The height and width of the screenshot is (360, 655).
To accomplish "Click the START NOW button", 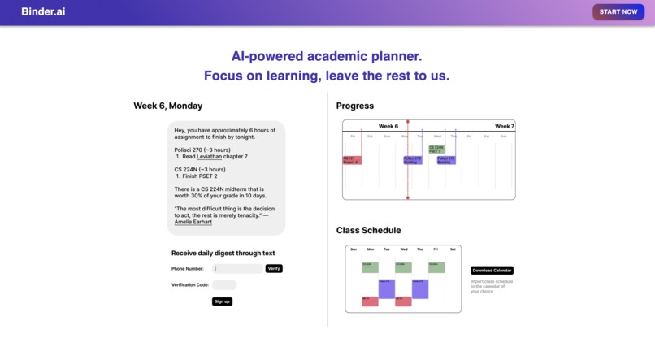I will click(618, 12).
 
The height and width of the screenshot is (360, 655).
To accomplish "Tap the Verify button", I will click(274, 268).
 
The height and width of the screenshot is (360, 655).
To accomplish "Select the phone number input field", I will click(238, 268).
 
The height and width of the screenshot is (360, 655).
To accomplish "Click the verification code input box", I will click(224, 285).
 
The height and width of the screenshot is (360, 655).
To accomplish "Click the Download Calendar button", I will click(492, 271).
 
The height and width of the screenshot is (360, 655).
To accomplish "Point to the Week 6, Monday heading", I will click(168, 106).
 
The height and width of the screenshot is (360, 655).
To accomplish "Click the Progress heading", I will click(355, 106).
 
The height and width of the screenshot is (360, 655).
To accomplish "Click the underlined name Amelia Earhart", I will click(193, 221).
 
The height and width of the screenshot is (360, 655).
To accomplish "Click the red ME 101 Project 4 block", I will click(351, 160).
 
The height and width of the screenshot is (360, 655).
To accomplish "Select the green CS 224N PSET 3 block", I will click(436, 150).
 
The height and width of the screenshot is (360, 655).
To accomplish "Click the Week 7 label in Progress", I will click(505, 126).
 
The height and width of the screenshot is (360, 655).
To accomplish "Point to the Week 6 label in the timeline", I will click(388, 126).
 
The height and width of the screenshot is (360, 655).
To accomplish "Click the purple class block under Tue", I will click(387, 288).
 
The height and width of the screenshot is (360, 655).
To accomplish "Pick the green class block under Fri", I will click(436, 267).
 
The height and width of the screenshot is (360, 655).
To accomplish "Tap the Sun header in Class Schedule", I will click(354, 249).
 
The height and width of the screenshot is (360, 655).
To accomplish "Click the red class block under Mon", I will click(370, 301).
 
